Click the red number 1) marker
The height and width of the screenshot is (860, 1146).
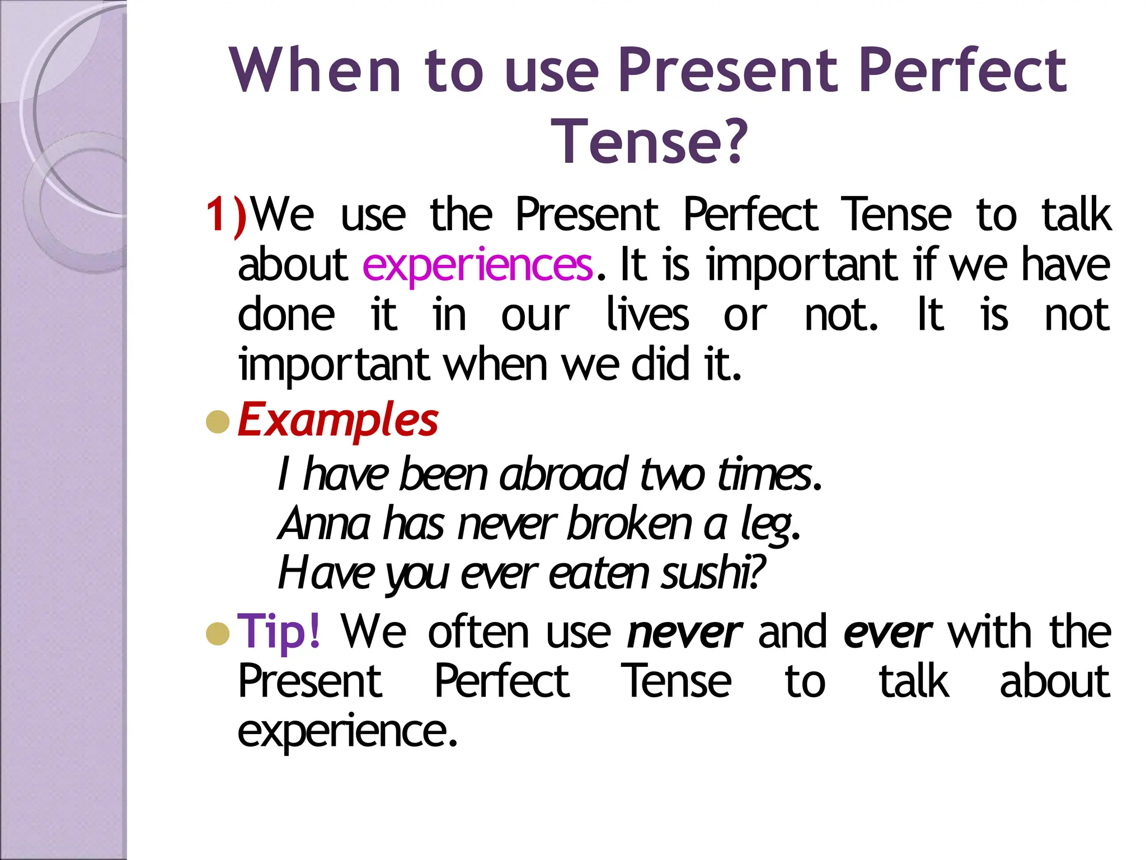[226, 216]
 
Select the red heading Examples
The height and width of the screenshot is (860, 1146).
[338, 420]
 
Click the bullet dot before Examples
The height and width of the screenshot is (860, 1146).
[218, 422]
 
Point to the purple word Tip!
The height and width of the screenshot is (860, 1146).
[279, 632]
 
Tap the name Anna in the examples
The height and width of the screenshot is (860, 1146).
[324, 524]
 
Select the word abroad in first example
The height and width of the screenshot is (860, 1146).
[563, 475]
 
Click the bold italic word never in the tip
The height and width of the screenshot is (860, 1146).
[684, 633]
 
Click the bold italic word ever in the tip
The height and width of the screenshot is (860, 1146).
[887, 633]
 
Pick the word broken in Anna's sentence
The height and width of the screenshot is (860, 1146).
[630, 524]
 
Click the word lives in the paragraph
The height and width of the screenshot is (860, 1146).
[647, 315]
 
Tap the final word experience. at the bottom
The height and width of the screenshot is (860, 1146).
[347, 731]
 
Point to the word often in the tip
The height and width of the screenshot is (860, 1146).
[478, 632]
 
